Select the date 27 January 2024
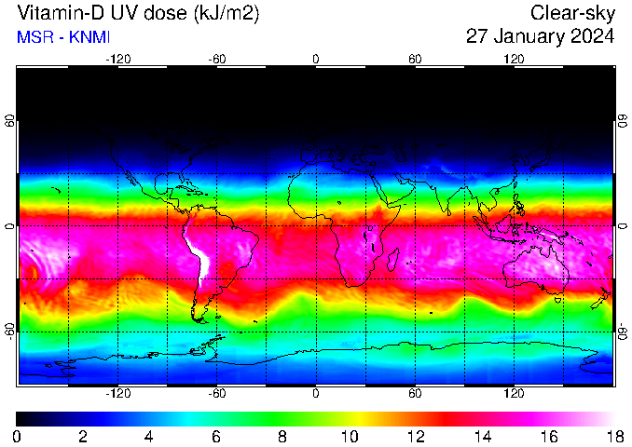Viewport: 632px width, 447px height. (540, 37)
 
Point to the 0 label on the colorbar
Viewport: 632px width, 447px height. (17, 436)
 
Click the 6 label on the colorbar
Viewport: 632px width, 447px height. (215, 436)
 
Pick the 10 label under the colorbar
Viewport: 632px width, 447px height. (349, 436)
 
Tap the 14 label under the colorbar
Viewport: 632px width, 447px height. (481, 436)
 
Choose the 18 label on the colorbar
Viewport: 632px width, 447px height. (613, 436)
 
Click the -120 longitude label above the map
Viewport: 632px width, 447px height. (117, 59)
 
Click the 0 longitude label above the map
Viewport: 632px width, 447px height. (316, 59)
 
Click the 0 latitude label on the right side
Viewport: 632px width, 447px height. (622, 226)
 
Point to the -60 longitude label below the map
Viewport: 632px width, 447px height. (216, 394)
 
